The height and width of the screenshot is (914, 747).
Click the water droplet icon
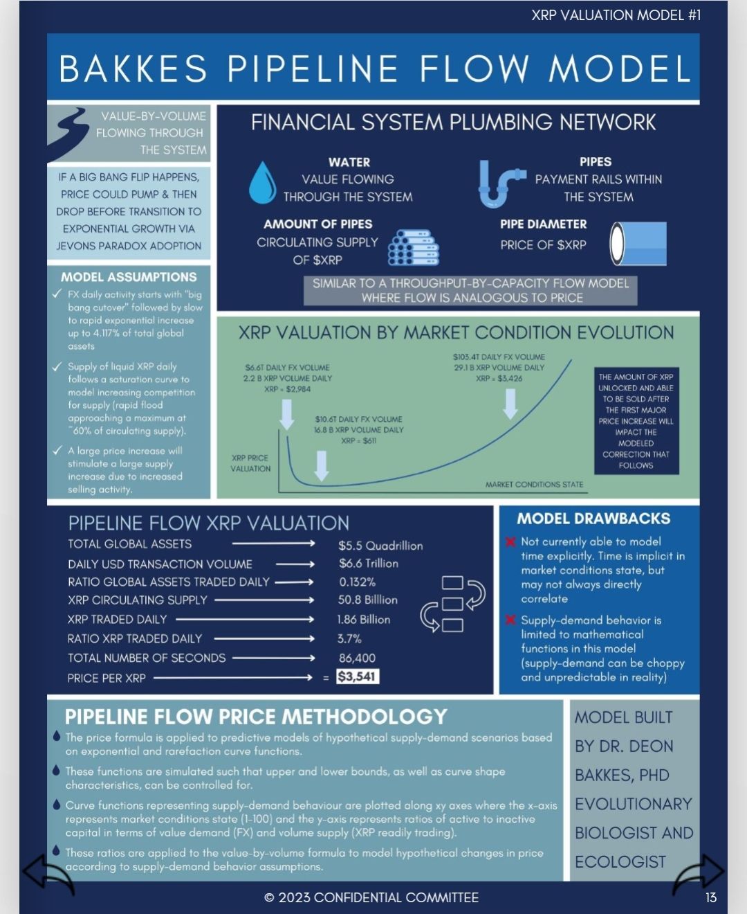tap(262, 182)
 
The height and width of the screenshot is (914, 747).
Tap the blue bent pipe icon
tap(499, 183)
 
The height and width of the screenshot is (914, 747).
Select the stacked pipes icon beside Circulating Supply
tap(413, 247)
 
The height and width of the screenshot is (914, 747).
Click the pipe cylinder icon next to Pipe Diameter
tap(638, 243)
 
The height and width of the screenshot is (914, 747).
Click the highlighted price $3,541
tap(358, 676)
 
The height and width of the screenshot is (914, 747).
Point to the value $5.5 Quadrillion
tap(380, 546)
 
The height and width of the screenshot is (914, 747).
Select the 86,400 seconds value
tap(357, 658)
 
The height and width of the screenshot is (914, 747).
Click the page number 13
tap(710, 897)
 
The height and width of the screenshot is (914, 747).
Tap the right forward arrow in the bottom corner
tap(699, 874)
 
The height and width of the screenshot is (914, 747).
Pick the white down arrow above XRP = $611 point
tap(321, 465)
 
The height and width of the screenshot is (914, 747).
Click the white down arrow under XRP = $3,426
tap(510, 404)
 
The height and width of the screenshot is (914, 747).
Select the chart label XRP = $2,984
tap(287, 389)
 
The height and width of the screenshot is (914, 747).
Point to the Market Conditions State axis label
tap(534, 485)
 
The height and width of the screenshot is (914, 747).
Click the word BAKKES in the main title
tap(133, 69)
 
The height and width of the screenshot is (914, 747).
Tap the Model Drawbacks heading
tap(593, 519)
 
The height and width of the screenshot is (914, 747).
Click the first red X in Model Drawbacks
tap(511, 541)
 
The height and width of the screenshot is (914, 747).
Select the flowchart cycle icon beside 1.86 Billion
tap(453, 603)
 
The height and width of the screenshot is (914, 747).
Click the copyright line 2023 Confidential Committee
tap(371, 897)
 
